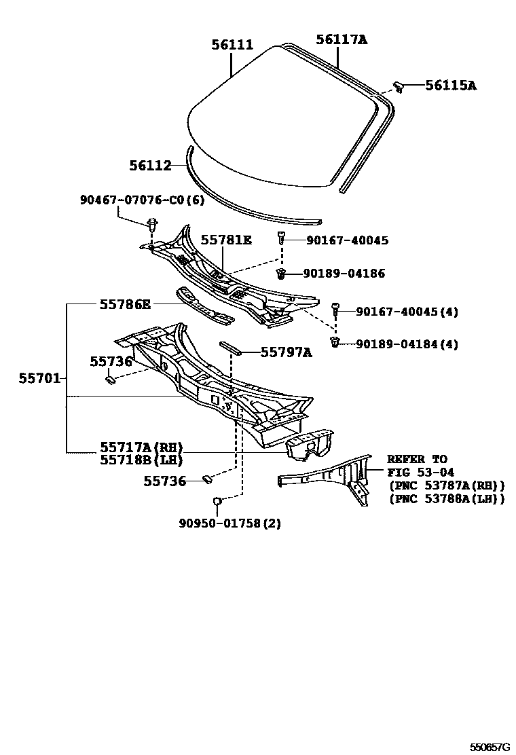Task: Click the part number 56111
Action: click(x=232, y=45)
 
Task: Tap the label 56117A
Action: click(x=342, y=40)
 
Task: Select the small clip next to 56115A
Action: click(x=400, y=86)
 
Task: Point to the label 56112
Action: click(x=150, y=165)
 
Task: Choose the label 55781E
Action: click(x=226, y=240)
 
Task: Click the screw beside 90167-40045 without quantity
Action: click(x=280, y=238)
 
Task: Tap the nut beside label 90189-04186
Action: click(x=280, y=273)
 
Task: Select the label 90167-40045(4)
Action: click(x=407, y=312)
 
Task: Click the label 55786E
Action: click(x=125, y=304)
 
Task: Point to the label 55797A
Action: click(x=287, y=352)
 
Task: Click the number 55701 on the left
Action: click(x=39, y=378)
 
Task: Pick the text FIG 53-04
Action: click(x=421, y=473)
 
